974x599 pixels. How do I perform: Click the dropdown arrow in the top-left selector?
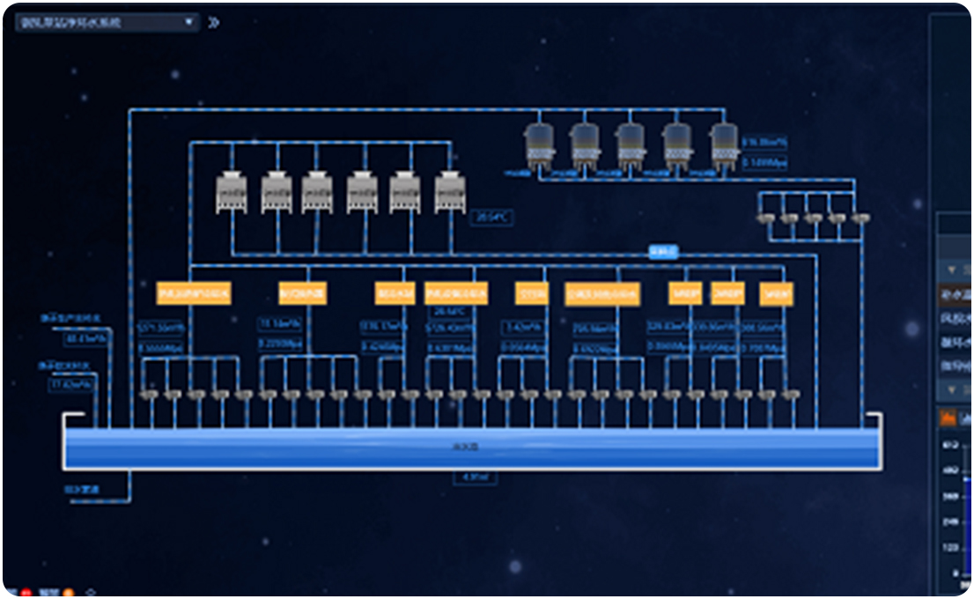click(188, 22)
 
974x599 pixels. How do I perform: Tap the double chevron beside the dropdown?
click(213, 22)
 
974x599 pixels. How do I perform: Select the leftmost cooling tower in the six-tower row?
click(232, 192)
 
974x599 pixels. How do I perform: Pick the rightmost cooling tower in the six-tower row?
click(450, 192)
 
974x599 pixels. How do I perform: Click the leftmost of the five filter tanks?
click(538, 144)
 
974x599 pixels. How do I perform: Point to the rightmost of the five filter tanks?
click(724, 144)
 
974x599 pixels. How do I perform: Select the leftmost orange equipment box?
click(193, 293)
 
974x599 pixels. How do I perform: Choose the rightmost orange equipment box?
click(776, 293)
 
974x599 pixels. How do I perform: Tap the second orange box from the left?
click(302, 293)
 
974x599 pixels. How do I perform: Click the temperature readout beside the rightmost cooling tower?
click(492, 217)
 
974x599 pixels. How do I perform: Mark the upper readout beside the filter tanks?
click(764, 143)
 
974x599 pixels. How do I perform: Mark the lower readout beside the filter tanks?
click(764, 162)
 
